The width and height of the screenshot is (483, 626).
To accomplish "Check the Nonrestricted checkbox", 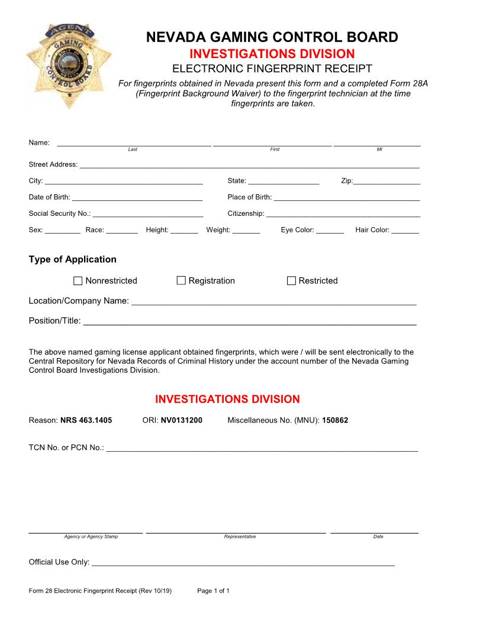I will coord(78,280).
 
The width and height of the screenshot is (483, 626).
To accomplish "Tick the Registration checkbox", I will coord(181,280).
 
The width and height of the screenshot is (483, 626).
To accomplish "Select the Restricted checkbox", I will coord(291,280).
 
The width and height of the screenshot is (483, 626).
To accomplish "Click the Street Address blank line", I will coord(249,166).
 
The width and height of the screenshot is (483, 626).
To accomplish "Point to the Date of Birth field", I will coord(137,199).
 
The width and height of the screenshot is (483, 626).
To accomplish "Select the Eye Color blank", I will coord(330,231).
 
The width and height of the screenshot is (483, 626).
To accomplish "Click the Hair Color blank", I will coord(405,231).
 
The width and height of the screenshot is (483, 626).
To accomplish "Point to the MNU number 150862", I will coord(335,420).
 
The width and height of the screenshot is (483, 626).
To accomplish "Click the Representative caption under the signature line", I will coord(240,536).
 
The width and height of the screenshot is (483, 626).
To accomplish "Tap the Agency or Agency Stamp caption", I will coord(91,536).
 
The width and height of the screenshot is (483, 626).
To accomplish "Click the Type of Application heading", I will coord(72,259).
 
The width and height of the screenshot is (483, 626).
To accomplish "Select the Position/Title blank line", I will coord(249,322).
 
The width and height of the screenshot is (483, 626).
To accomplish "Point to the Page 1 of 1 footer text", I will coord(213,591).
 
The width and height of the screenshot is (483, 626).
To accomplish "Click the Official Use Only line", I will coord(243,564).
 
